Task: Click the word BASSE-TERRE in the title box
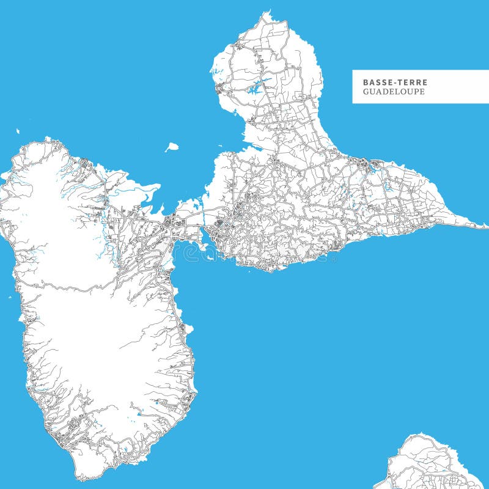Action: click(x=395, y=82)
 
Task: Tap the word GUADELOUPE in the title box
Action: click(x=394, y=92)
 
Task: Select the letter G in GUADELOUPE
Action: click(x=366, y=92)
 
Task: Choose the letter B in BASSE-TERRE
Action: click(x=366, y=82)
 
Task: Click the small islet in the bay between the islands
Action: click(x=172, y=147)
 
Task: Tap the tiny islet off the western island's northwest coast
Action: click(x=18, y=131)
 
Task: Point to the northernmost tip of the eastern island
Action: click(x=266, y=12)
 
